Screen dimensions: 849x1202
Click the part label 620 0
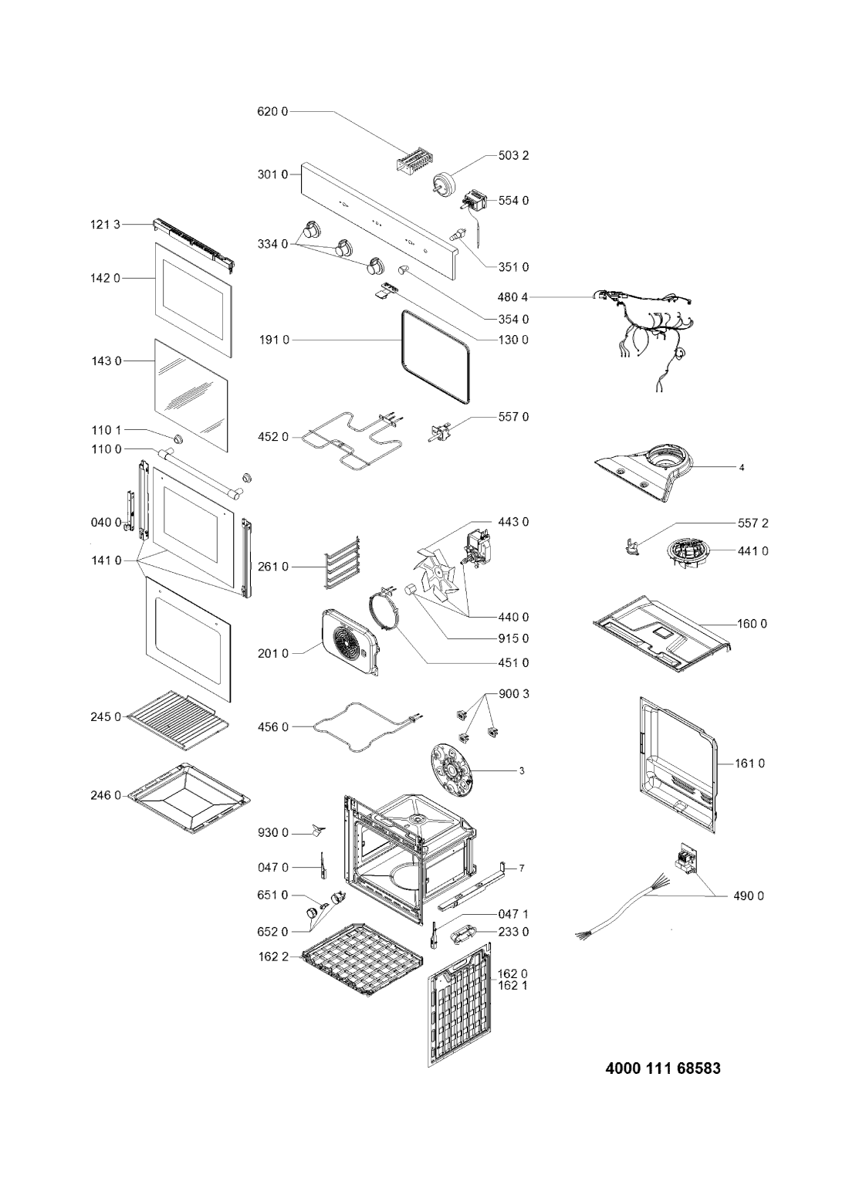click(272, 112)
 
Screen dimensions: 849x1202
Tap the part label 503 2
click(513, 155)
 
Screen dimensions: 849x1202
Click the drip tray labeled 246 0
click(189, 798)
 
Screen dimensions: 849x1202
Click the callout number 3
click(522, 771)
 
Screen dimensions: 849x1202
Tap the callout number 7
click(522, 868)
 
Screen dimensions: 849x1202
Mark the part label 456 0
click(273, 727)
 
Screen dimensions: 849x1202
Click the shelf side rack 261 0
click(342, 562)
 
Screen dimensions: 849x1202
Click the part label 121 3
click(105, 225)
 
